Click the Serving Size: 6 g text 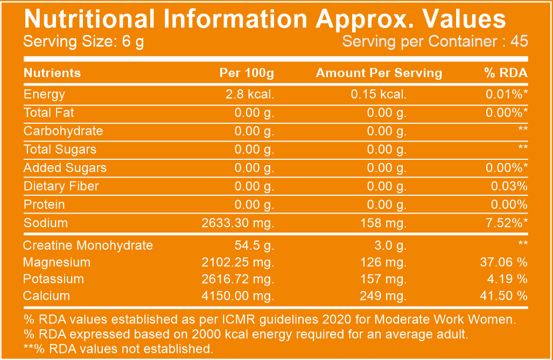(83, 41)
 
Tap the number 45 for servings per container (519, 41)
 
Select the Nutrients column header (52, 73)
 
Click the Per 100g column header (247, 73)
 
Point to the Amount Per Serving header (379, 73)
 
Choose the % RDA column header (506, 73)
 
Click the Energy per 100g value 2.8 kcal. (250, 94)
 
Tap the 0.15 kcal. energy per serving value (379, 94)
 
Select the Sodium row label (45, 223)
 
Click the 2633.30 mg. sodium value (238, 223)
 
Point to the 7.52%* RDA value (506, 223)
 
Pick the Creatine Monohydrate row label (88, 246)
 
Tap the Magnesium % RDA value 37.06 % (503, 263)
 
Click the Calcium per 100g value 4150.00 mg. (238, 295)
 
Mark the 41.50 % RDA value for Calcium (503, 295)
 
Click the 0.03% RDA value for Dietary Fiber (509, 186)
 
